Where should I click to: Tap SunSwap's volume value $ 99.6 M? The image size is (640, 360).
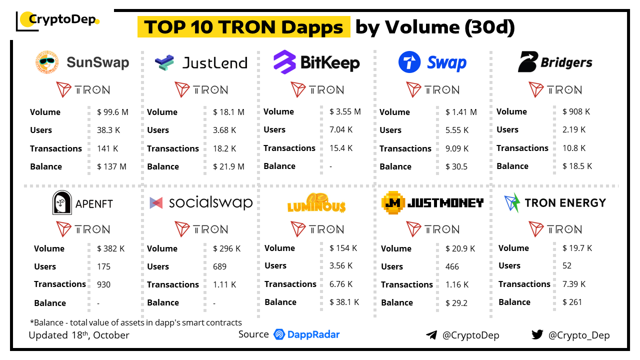(x=112, y=112)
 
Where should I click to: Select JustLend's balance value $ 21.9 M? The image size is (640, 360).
(x=228, y=166)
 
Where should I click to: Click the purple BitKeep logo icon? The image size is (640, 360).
(x=284, y=62)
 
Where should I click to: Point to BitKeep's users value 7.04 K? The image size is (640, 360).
(x=341, y=129)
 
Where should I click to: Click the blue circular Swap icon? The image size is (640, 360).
(x=409, y=63)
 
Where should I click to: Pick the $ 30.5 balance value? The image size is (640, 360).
(x=456, y=166)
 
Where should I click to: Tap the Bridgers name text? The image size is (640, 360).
(x=566, y=63)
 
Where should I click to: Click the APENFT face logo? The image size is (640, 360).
(x=62, y=203)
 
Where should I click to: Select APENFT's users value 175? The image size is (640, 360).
(x=104, y=266)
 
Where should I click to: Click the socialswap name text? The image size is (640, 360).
(x=210, y=202)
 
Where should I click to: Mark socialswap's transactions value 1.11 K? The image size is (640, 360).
(x=224, y=284)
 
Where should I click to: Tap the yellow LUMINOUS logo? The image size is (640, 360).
(x=316, y=203)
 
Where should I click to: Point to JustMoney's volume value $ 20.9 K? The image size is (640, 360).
(x=460, y=248)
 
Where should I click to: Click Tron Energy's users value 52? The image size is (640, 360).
(x=567, y=265)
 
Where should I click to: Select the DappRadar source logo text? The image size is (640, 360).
(x=306, y=334)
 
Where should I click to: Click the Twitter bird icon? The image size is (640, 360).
(x=537, y=335)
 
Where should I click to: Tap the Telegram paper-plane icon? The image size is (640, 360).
(x=431, y=335)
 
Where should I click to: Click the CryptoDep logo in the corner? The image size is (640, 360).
(x=58, y=20)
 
